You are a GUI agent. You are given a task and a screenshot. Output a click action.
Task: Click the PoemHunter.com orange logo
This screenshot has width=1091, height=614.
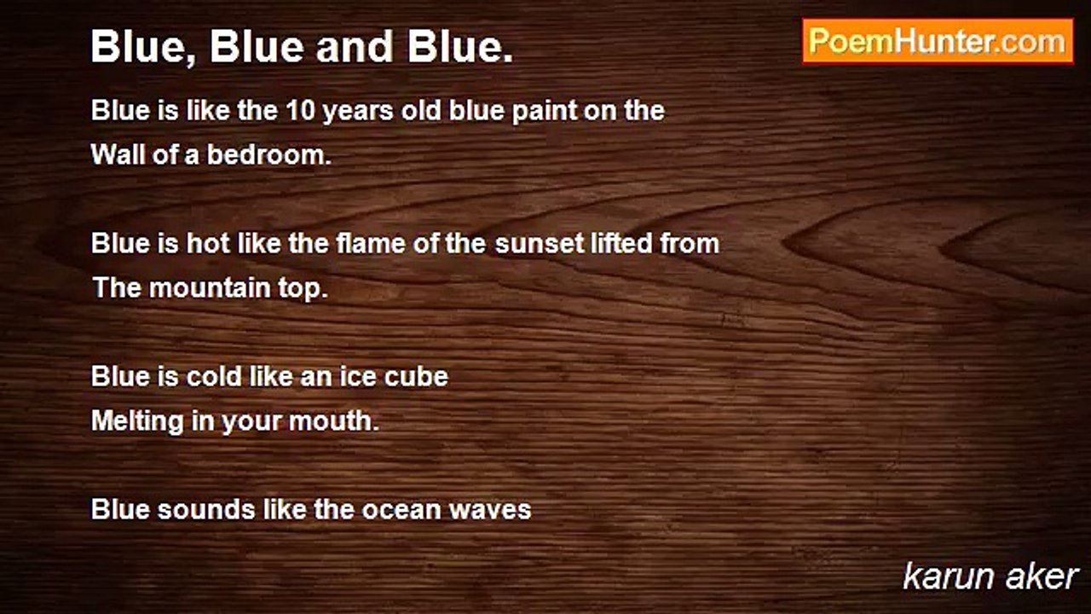tap(938, 42)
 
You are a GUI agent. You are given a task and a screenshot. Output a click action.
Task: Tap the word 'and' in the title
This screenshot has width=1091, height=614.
tap(354, 47)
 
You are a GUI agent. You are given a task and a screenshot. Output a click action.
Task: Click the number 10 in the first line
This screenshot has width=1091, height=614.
tap(300, 111)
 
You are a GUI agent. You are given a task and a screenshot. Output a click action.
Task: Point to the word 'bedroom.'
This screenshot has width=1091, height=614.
tap(269, 155)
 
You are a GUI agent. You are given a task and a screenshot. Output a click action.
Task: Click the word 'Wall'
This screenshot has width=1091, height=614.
tap(118, 155)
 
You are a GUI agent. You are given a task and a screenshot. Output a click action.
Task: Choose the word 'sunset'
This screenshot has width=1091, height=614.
tap(539, 244)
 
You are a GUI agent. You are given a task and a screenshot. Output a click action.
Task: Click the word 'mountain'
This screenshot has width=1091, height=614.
tap(210, 288)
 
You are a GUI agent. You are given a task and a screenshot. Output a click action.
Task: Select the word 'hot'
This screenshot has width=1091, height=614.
tap(208, 243)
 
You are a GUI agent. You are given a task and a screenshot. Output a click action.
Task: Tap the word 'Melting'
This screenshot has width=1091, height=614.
tap(137, 421)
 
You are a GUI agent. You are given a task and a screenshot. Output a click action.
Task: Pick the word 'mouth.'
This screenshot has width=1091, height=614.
tap(333, 421)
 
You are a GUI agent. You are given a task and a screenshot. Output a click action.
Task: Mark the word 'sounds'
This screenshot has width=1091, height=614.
tap(206, 510)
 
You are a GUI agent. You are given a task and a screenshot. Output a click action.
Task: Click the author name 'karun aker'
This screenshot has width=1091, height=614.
tap(990, 577)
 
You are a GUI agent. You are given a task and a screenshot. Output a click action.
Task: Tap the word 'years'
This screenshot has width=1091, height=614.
tap(357, 112)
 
